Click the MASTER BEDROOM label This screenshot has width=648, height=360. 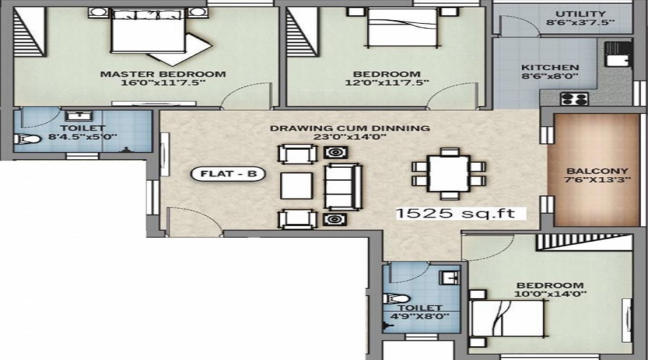tap(163, 73)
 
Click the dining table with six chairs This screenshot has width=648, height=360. tap(449, 174)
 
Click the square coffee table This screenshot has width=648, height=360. tap(297, 185)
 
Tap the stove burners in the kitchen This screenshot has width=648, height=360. tap(575, 99)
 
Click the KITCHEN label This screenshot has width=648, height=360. tap(550, 68)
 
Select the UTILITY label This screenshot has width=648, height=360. tap(580, 14)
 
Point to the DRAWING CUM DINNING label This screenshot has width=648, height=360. tap(350, 128)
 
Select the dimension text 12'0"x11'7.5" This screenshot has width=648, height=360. tap(386, 83)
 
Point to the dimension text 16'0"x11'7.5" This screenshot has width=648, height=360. tap(163, 83)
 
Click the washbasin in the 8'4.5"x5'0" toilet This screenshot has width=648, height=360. tap(76, 117)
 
